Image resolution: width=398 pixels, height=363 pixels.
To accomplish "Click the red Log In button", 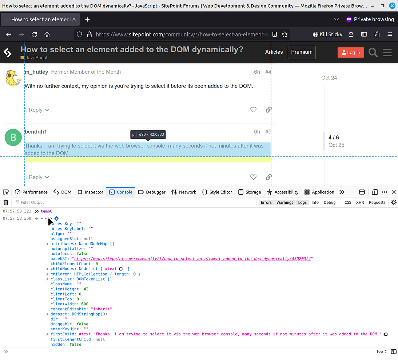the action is tap(351, 52).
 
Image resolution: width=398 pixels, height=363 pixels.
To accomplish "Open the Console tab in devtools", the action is tap(121, 192).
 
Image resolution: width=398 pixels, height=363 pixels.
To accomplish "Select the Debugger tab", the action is tap(152, 192).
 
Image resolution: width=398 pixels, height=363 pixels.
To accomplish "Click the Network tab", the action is tap(183, 192).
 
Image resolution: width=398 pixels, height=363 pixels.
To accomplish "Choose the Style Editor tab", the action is tap(217, 192).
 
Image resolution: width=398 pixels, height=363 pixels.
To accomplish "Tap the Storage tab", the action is tap(250, 192).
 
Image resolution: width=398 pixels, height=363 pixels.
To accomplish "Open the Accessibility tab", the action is tap(283, 192).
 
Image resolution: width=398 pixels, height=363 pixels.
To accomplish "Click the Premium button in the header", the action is tap(302, 52).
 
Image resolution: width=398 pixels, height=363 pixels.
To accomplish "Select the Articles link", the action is tap(274, 52).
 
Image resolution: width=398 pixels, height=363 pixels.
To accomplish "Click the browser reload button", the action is tap(34, 34).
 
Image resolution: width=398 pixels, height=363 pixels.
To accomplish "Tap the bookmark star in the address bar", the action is tap(284, 34).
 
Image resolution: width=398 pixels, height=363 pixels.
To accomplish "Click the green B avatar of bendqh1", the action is tap(13, 137).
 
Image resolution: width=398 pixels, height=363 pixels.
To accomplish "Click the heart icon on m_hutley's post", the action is tap(253, 110).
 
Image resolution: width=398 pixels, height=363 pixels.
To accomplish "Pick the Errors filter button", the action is tap(266, 203).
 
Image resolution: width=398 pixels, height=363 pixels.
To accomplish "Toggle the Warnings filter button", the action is tap(285, 203).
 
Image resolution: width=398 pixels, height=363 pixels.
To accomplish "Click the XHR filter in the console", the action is tap(360, 203).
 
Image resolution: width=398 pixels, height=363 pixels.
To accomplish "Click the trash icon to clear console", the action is tap(6, 203).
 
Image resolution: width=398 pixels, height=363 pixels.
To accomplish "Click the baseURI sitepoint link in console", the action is tap(192, 258).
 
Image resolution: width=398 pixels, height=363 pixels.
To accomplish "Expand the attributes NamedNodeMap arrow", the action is tap(47, 244).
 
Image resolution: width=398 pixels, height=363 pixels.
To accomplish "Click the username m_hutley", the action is tap(36, 72).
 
